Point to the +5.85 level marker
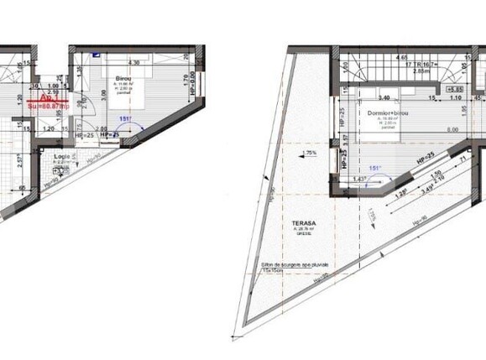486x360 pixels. [x=456, y=88]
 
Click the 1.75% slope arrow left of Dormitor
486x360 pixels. [x=311, y=153]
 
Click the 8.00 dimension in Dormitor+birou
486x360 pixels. [x=452, y=129]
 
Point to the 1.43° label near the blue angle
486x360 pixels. [x=360, y=179]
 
